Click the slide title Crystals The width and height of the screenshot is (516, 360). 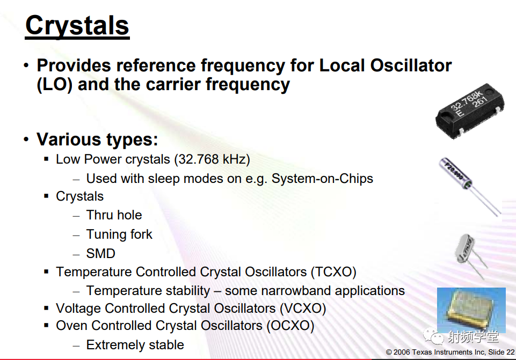(x=77, y=26)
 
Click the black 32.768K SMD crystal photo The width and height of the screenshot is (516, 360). (x=470, y=111)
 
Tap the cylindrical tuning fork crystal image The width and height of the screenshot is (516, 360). (x=470, y=186)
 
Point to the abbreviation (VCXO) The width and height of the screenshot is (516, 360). (x=303, y=308)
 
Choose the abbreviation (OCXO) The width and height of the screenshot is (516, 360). (x=290, y=326)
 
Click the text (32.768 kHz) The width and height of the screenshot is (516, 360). (x=212, y=159)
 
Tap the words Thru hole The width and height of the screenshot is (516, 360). (x=114, y=215)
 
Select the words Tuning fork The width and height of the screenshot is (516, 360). (x=119, y=234)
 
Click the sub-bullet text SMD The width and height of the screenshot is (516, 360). (x=101, y=253)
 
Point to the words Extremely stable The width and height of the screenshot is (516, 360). (x=135, y=345)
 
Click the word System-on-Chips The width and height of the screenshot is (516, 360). (x=322, y=179)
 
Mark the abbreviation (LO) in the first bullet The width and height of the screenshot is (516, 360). (x=55, y=84)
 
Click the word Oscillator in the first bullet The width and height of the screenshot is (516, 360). (x=411, y=65)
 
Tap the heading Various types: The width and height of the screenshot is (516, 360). (x=97, y=139)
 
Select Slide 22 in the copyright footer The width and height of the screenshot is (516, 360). (x=501, y=352)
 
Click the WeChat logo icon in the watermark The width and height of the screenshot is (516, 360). (x=433, y=336)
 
